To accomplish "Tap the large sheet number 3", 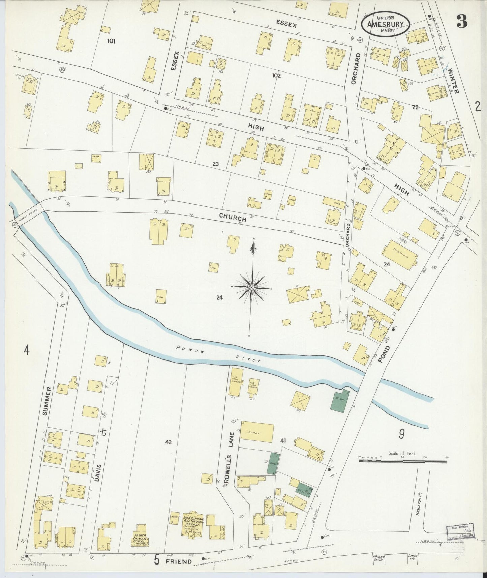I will tap(462, 22).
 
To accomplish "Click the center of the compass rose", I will tap(251, 287).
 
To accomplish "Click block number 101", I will tap(111, 41).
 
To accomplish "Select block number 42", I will tap(169, 442).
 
